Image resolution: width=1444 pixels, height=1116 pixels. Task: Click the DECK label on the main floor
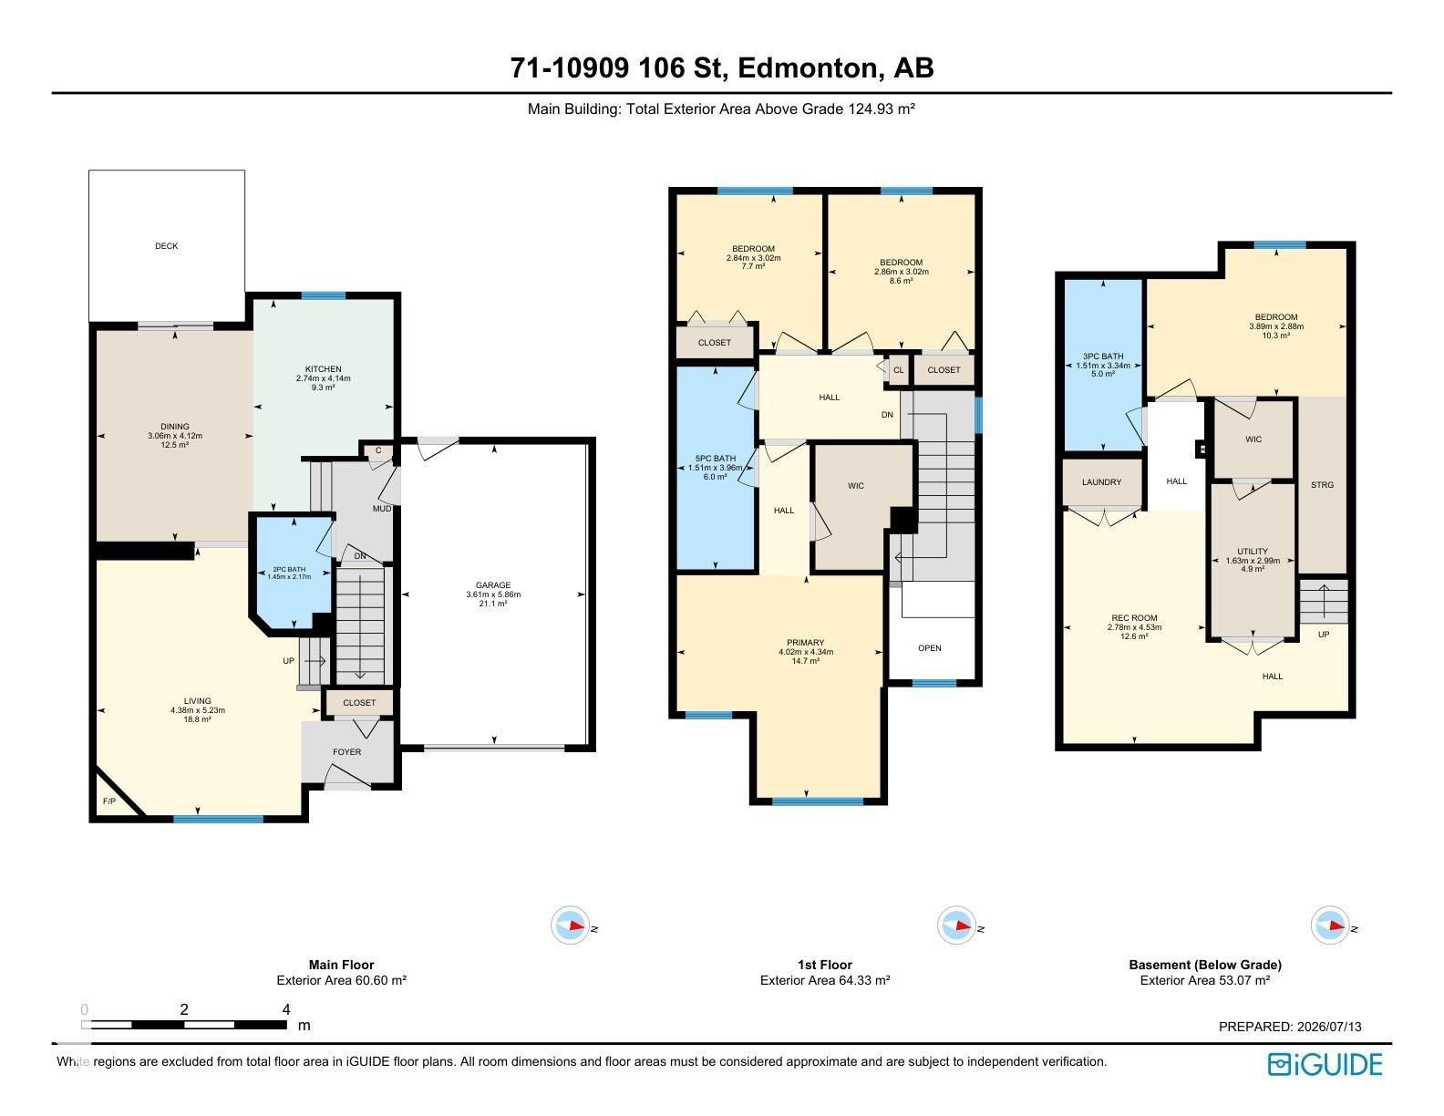[166, 246]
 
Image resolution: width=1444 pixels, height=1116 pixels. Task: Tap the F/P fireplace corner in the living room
[109, 801]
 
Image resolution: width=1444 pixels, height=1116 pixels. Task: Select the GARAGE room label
[493, 585]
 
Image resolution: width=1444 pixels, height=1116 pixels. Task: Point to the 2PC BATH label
[289, 569]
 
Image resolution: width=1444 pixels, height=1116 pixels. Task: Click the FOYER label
[347, 752]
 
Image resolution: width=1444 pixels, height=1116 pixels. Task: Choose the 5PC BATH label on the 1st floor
[716, 458]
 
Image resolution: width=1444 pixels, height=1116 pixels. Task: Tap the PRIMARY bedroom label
[805, 643]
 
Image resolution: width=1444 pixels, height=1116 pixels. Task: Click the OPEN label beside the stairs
[930, 648]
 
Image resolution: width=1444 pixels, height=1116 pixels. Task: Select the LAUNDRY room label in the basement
[1102, 482]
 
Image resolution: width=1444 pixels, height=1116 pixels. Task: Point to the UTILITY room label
[1253, 551]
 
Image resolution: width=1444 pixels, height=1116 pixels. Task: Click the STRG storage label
[1323, 484]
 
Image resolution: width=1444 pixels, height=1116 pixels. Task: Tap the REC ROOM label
[1134, 617]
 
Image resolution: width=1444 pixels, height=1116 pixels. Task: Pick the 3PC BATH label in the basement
[1103, 356]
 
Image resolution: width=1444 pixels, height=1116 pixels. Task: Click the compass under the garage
[570, 925]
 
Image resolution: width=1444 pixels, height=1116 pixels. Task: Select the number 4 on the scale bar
[286, 1009]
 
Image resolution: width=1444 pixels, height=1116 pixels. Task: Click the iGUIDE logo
[1325, 1064]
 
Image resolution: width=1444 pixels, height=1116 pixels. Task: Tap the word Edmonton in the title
[810, 67]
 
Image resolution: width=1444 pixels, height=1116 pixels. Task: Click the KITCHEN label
[323, 369]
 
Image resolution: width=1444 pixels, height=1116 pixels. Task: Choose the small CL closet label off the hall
[899, 370]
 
